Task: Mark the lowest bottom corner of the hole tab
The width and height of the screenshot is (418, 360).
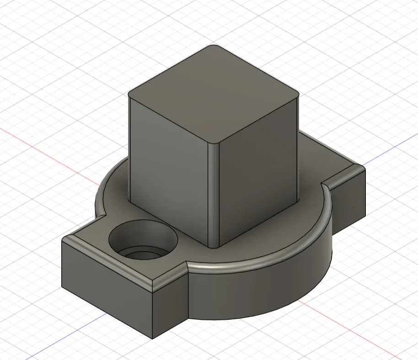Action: [152, 339]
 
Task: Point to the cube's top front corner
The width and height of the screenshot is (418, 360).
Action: [214, 143]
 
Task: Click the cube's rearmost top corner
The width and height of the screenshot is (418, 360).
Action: [214, 46]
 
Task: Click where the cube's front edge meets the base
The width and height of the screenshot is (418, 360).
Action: [213, 247]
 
